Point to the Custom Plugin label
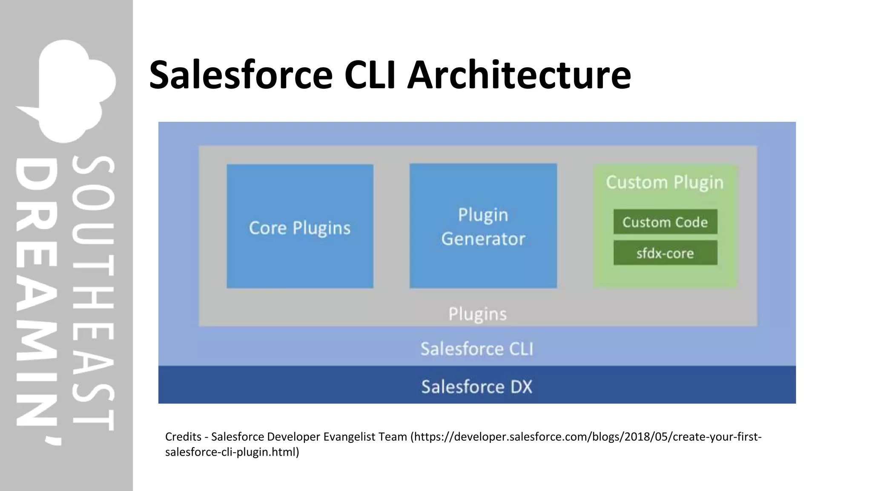[665, 182]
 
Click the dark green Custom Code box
[665, 222]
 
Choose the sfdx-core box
[665, 253]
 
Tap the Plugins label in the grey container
[477, 314]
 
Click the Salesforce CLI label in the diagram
[476, 349]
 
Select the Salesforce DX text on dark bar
[476, 387]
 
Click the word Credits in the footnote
[183, 437]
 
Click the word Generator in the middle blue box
[483, 239]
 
